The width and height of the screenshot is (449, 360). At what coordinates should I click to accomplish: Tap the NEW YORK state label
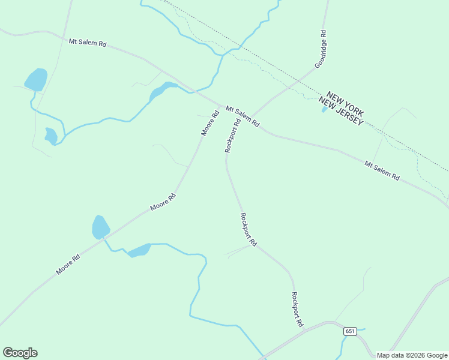pyautogui.click(x=346, y=104)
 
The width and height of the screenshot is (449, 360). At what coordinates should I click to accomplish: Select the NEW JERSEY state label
pyautogui.click(x=340, y=114)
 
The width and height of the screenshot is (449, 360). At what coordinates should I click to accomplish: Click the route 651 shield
pyautogui.click(x=351, y=331)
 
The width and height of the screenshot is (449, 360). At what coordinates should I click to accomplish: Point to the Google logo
pyautogui.click(x=20, y=353)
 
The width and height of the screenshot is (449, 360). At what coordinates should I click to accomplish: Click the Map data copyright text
pyautogui.click(x=412, y=355)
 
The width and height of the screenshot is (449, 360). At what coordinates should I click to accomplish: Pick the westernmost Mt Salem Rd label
pyautogui.click(x=88, y=43)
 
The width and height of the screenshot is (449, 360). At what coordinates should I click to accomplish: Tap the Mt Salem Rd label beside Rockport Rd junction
pyautogui.click(x=243, y=116)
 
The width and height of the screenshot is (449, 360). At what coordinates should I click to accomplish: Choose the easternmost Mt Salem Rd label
pyautogui.click(x=382, y=170)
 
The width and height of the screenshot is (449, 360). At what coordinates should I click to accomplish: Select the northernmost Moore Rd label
pyautogui.click(x=210, y=122)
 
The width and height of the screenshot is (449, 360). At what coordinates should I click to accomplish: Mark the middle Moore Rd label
pyautogui.click(x=163, y=201)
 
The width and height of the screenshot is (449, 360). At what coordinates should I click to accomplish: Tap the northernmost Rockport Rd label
pyautogui.click(x=233, y=135)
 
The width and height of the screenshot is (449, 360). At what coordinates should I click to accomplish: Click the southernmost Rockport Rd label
pyautogui.click(x=297, y=309)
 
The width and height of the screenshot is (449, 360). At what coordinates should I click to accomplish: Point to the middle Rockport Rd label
pyautogui.click(x=248, y=230)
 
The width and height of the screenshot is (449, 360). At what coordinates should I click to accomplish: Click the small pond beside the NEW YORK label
pyautogui.click(x=325, y=109)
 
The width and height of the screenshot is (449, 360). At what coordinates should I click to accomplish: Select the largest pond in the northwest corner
pyautogui.click(x=36, y=79)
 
